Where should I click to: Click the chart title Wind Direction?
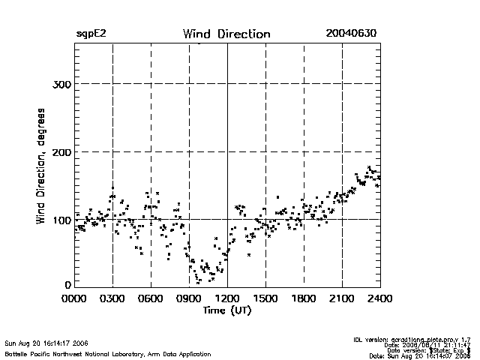[226, 34]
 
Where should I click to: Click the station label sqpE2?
[90, 34]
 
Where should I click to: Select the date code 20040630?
[350, 34]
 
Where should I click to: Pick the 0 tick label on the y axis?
[67, 285]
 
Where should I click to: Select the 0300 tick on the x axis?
[112, 299]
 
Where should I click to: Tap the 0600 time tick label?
[151, 299]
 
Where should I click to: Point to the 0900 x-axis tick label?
[189, 299]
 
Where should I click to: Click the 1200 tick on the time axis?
[227, 299]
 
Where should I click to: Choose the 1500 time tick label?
[265, 299]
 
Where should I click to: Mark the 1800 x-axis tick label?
[304, 299]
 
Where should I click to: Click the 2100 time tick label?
[342, 299]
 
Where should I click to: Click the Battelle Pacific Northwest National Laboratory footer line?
[107, 353]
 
